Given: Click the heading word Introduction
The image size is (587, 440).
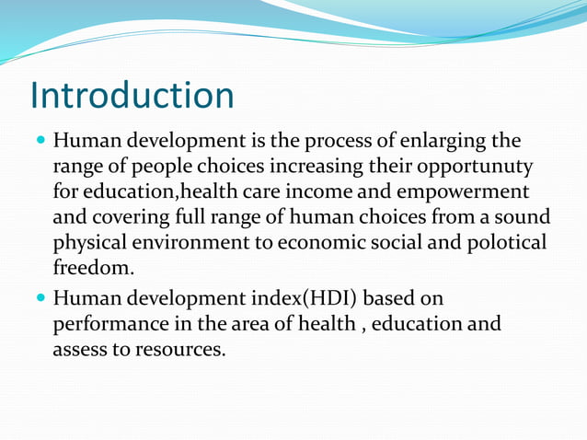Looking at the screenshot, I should click(x=132, y=96).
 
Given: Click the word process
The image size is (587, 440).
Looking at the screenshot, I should click(x=333, y=142).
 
